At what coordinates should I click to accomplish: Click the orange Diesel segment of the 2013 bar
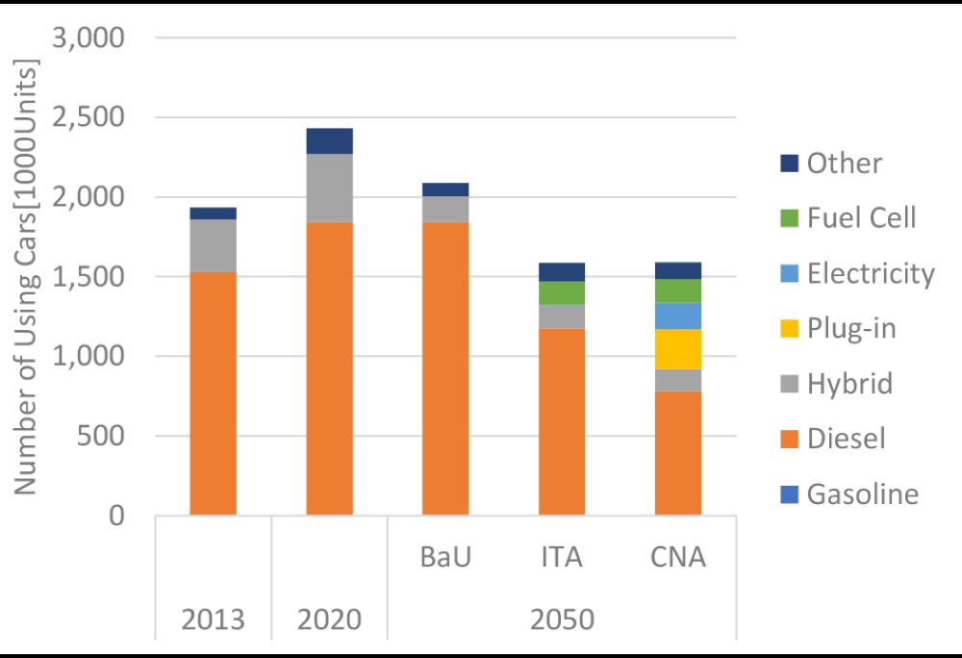213,393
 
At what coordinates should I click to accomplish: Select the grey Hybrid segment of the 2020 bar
329,188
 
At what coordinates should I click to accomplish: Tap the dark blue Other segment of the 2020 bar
329,140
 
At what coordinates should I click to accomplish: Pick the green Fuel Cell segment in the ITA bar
562,292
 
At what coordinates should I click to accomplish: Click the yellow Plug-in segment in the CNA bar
678,349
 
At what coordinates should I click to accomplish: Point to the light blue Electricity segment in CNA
678,316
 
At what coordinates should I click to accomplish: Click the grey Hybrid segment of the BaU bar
445,209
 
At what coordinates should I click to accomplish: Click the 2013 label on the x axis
213,620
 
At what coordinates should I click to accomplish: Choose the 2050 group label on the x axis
562,620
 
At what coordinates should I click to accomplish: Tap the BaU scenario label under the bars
445,557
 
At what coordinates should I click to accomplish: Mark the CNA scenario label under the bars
678,557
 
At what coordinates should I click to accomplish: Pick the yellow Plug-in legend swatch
789,329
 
